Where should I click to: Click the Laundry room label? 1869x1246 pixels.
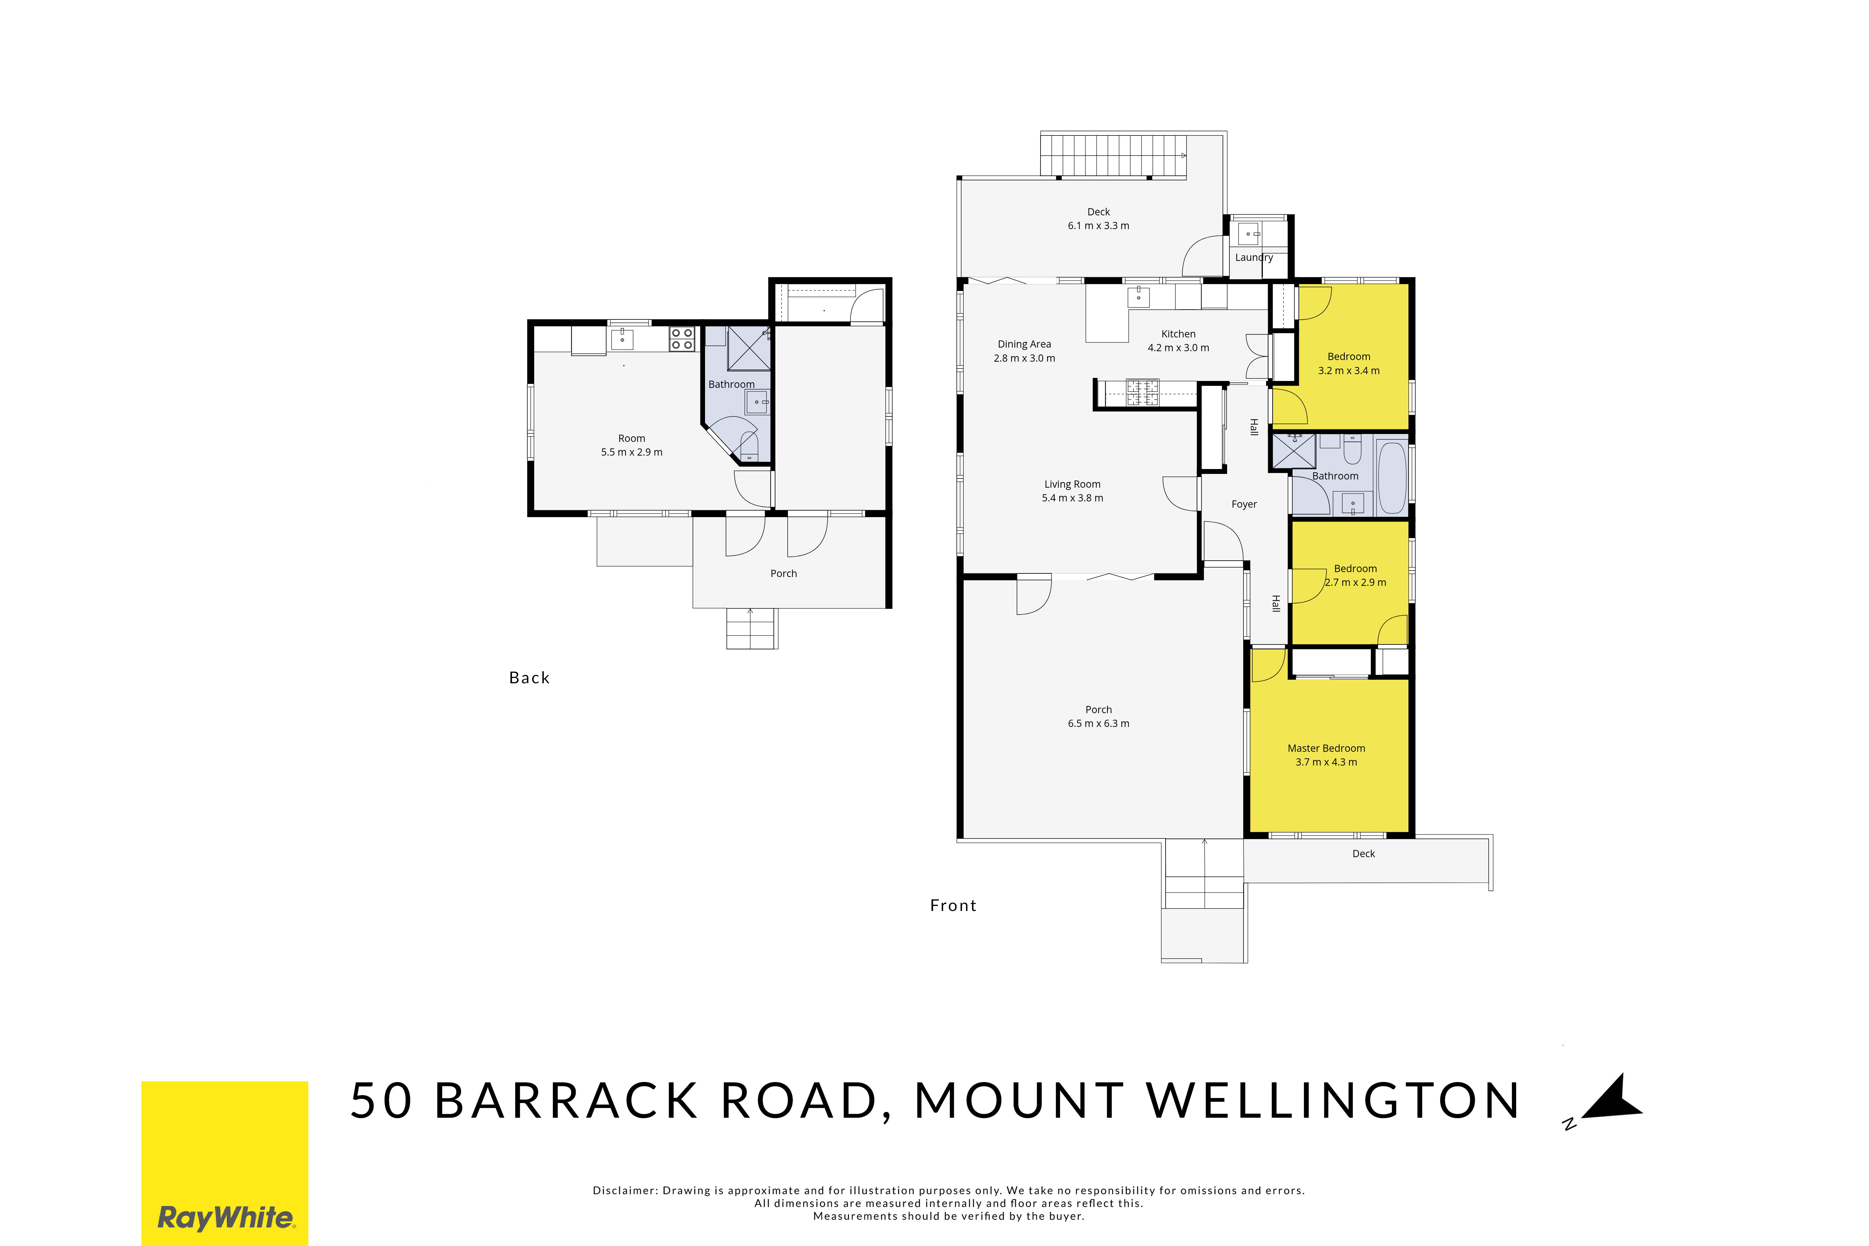[1254, 258]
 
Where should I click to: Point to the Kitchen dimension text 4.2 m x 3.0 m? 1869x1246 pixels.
[1178, 348]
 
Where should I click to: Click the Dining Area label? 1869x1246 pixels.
[1024, 344]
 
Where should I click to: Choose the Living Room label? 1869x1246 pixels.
[1073, 484]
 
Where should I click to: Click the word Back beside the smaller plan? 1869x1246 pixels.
[529, 678]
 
